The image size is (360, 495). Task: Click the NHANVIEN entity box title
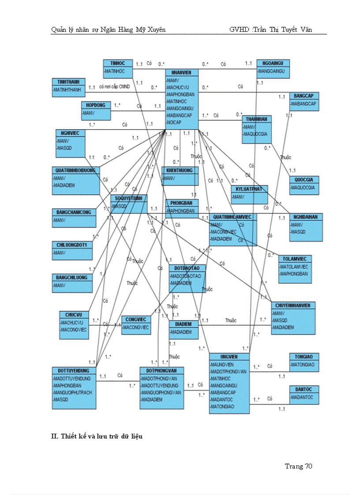(182, 72)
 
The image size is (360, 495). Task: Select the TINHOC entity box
(118, 67)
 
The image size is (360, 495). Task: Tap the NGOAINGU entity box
(273, 67)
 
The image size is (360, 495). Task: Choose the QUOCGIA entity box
(304, 185)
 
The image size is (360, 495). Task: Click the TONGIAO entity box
(304, 362)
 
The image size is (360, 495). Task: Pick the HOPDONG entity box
(95, 110)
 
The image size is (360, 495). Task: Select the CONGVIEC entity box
(136, 324)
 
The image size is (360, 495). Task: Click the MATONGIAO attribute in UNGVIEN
(223, 406)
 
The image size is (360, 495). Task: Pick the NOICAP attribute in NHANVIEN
(176, 122)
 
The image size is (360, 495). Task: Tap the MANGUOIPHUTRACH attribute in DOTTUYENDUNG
(72, 392)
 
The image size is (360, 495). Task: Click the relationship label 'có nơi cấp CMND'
(115, 87)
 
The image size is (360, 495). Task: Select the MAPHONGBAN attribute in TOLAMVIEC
(294, 273)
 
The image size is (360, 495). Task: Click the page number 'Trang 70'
(298, 466)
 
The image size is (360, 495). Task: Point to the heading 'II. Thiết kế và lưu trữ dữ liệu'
(97, 436)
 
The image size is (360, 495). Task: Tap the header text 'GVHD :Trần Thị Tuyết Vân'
(270, 30)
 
